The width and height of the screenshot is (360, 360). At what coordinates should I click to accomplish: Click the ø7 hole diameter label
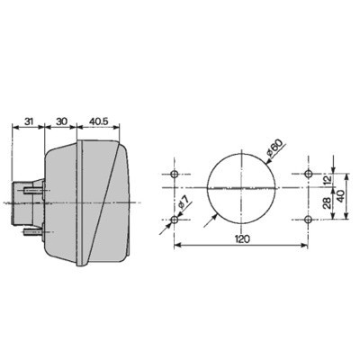183,205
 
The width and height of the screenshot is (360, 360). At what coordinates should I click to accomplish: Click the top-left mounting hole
175,174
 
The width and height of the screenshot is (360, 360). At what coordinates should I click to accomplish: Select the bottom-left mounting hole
175,219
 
